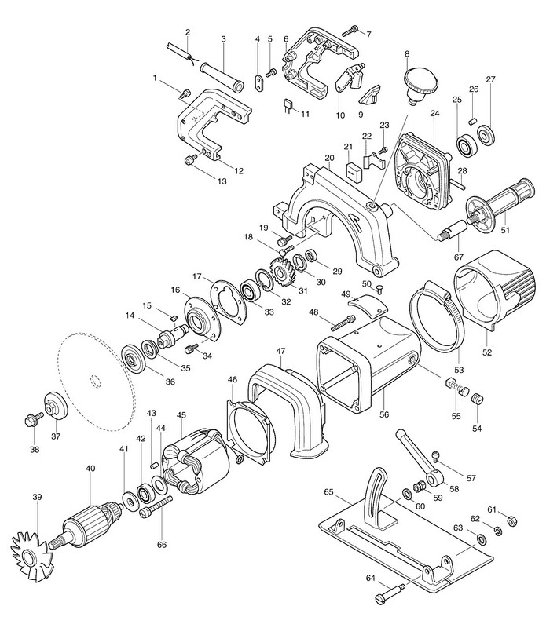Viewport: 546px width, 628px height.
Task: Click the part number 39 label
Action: [x=36, y=497]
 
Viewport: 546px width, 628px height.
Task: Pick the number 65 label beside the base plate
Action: [x=329, y=494]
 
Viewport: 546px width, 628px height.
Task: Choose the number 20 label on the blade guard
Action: [x=329, y=158]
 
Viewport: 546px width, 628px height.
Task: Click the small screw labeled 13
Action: [x=189, y=160]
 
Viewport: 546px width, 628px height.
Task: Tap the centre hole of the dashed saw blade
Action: [x=94, y=382]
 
